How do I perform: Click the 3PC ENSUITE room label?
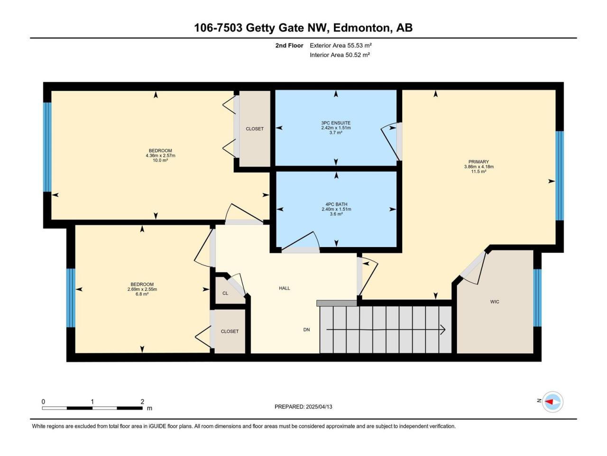click(336, 123)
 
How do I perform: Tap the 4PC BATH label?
click(336, 204)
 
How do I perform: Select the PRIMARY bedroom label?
click(478, 161)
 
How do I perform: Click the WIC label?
click(495, 302)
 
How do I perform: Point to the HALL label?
click(284, 288)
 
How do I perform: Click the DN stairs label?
click(306, 330)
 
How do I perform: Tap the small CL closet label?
click(225, 293)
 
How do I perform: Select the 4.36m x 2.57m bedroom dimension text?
click(160, 156)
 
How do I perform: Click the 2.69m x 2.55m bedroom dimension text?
click(142, 289)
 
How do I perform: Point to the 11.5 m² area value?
click(478, 171)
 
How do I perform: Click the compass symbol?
click(552, 401)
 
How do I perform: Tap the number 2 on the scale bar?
click(142, 401)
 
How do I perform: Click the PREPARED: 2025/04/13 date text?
click(303, 407)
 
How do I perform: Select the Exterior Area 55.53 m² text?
click(340, 46)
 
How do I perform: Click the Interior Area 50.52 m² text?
click(340, 55)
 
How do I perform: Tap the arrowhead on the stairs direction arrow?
click(443, 330)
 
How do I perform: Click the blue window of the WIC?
click(537, 298)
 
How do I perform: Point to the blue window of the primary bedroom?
click(560, 176)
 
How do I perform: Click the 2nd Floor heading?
click(289, 46)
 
